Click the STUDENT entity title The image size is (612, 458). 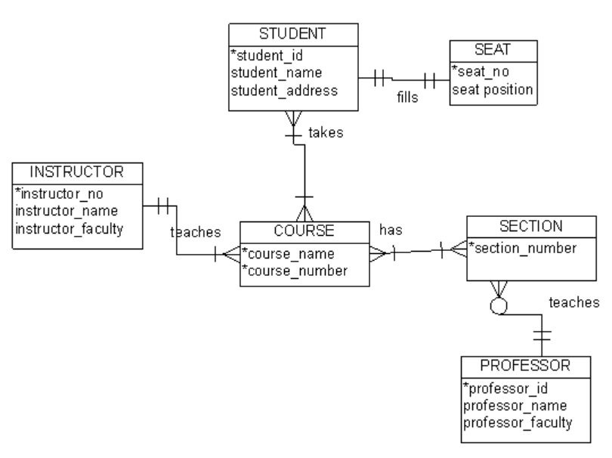pos(292,33)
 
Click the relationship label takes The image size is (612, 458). pos(326,133)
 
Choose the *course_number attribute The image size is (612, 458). pos(294,269)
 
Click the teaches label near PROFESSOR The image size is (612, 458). pos(573,302)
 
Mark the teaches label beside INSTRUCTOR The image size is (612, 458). pos(195,232)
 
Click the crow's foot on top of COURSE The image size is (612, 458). pos(304,212)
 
